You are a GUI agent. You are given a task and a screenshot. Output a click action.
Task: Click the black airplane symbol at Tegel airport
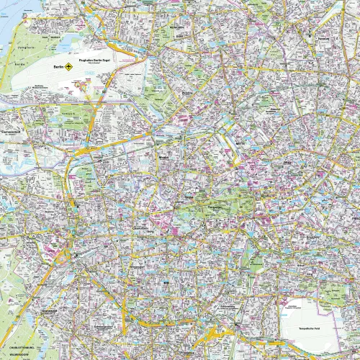click(69, 67)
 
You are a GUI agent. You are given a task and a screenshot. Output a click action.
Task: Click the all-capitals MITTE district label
click(240, 143)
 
